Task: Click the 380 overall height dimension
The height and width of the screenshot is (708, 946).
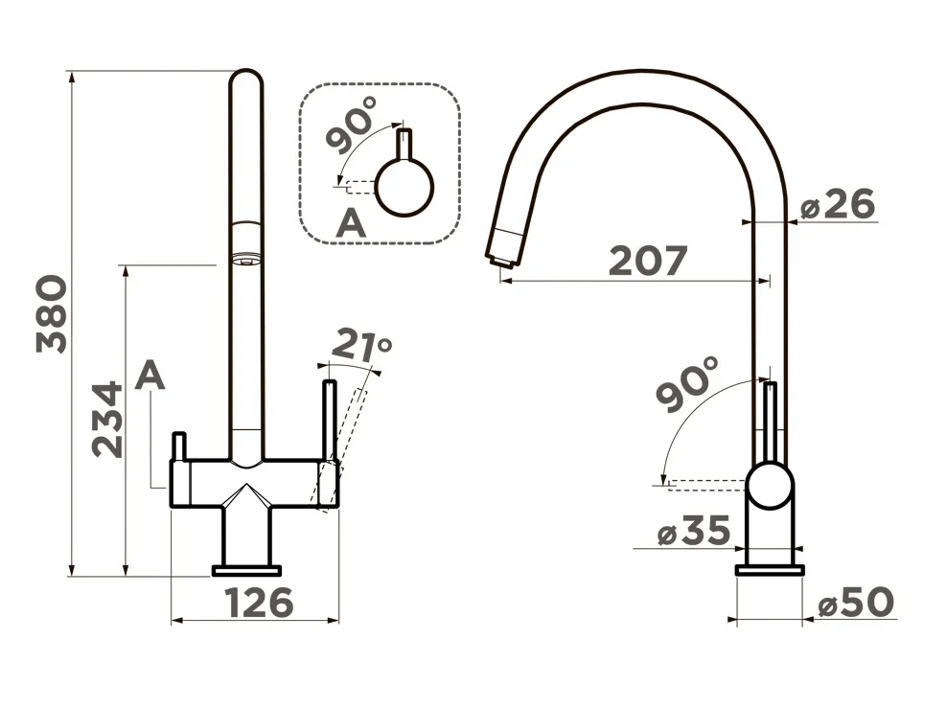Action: click(52, 313)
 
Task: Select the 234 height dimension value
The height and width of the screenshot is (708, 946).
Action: click(107, 419)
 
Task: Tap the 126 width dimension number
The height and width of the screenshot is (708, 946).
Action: click(260, 602)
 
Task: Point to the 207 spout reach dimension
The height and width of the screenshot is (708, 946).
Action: click(648, 261)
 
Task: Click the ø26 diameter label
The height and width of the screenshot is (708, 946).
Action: click(838, 204)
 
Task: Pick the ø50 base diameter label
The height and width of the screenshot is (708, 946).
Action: click(856, 602)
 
